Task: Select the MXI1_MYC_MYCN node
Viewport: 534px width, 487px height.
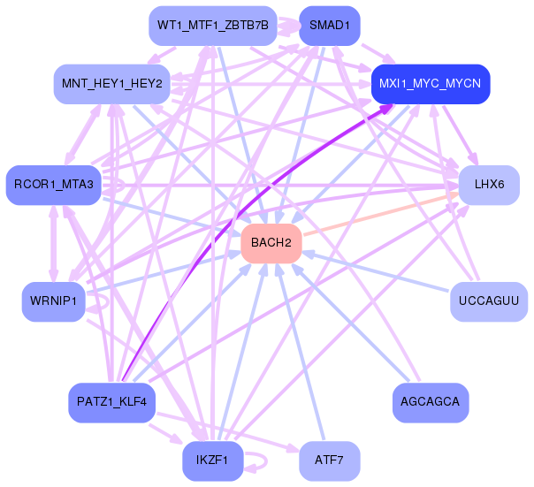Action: click(430, 84)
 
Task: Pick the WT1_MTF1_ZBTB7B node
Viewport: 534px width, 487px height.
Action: click(212, 26)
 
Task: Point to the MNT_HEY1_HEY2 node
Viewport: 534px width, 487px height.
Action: click(111, 84)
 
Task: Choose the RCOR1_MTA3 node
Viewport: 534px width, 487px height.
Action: click(54, 184)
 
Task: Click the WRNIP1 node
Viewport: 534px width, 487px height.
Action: click(52, 301)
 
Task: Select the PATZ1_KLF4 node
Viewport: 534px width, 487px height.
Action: click(111, 402)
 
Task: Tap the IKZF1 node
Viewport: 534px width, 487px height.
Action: click(212, 460)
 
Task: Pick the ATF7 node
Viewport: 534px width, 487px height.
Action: click(329, 460)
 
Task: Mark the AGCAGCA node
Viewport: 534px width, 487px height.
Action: click(430, 402)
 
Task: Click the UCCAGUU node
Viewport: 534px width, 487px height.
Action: click(488, 301)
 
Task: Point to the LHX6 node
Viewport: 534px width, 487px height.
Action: click(488, 185)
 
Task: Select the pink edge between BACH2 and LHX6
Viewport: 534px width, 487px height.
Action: click(380, 214)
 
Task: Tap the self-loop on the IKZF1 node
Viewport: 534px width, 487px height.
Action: click(259, 460)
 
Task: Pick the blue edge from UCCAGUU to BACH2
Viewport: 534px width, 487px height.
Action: click(380, 272)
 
